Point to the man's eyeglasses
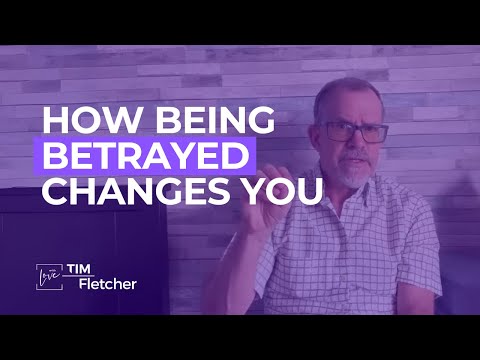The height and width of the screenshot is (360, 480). [352, 131]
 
